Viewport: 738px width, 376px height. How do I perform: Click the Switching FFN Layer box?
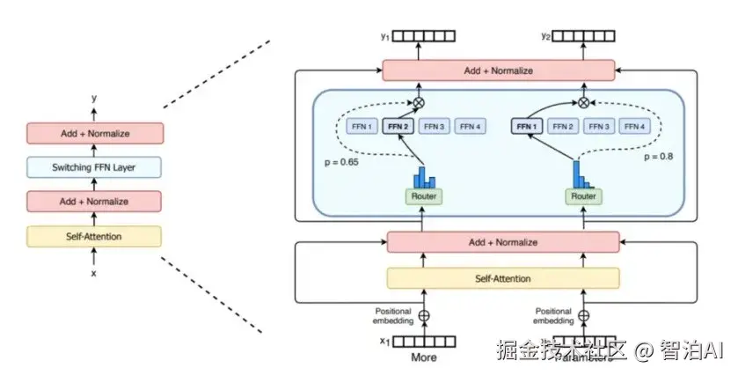coord(94,166)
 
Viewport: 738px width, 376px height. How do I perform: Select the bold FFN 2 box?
coord(399,127)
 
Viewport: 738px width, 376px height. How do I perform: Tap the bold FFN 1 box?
coord(525,127)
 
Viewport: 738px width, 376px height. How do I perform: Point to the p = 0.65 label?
coord(343,163)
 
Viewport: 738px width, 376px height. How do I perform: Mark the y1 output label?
coord(384,36)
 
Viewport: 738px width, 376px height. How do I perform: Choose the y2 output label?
coord(546,36)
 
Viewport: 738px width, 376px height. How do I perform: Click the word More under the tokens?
coord(424,358)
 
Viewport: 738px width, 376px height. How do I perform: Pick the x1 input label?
coord(384,342)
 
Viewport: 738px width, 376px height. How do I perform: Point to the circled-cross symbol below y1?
coord(419,102)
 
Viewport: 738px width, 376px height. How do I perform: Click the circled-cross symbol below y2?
coord(581,102)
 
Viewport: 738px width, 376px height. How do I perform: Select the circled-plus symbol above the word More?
coord(424,315)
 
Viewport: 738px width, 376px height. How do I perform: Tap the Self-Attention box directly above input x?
coord(94,236)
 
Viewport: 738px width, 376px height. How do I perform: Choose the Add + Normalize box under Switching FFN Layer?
coord(94,201)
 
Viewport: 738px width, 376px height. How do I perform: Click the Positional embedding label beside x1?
coord(393,315)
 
